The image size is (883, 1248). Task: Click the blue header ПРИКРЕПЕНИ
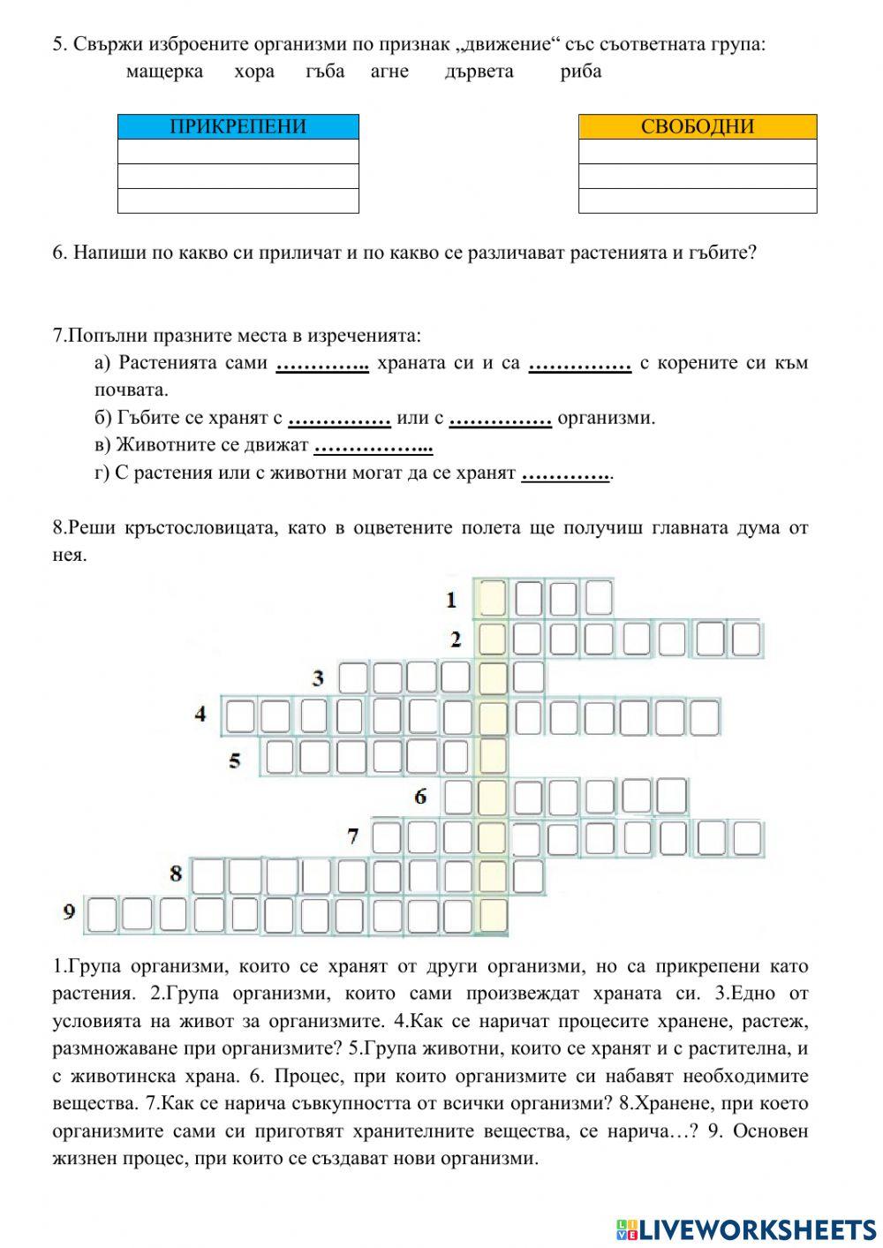coord(238,126)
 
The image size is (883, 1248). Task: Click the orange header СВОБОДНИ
coord(697,126)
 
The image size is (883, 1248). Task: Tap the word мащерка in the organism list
coord(164,72)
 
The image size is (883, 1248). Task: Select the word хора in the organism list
coord(254,72)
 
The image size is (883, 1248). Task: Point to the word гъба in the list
coord(325,72)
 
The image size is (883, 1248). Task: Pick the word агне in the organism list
coord(389,72)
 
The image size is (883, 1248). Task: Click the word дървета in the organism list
coord(479,72)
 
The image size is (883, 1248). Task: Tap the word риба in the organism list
coord(581,72)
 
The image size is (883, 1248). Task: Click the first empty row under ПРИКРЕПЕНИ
coord(238,151)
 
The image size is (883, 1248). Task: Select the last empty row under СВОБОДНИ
coord(697,200)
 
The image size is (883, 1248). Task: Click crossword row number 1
coord(451,600)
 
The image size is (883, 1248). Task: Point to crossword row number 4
coord(200,714)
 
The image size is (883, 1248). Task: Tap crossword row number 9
coord(69,911)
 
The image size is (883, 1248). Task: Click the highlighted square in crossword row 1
coord(493,598)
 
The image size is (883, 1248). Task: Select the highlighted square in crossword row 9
coord(493,916)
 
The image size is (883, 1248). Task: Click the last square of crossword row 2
coord(746,639)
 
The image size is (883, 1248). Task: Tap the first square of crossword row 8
coord(208,876)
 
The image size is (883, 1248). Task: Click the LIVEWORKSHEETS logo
coord(745,1229)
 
